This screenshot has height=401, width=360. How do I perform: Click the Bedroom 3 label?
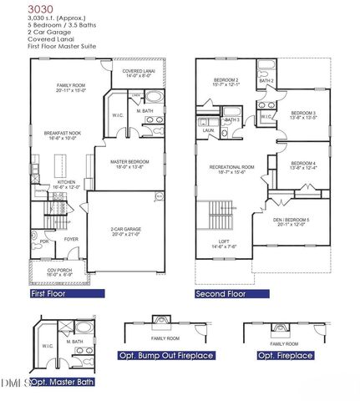pos(303,115)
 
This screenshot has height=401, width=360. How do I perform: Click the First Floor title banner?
pos(66,294)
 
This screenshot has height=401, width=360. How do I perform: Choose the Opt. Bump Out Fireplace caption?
pos(167,356)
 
